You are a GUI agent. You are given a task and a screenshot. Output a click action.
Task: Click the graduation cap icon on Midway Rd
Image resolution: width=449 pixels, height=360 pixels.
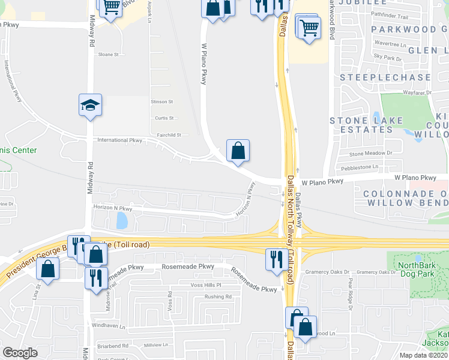tap(90, 106)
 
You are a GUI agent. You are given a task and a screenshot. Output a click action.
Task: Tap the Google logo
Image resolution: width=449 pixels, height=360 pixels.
tap(20, 352)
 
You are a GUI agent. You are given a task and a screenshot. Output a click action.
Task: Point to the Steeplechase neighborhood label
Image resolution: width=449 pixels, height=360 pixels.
tap(385, 77)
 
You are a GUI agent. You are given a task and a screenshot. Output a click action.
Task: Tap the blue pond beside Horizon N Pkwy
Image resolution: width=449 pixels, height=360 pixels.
tap(123, 221)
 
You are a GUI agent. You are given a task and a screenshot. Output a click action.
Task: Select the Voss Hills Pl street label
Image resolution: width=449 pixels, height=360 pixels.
tap(206, 285)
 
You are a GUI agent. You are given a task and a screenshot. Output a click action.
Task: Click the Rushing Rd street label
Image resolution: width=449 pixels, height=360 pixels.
tap(217, 296)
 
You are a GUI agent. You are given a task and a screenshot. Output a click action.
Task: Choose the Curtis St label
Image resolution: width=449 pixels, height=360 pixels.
tap(163, 118)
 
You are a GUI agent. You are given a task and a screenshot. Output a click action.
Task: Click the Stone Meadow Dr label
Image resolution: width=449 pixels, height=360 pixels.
tap(370, 154)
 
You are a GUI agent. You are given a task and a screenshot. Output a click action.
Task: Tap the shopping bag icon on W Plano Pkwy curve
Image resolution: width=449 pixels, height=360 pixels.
tap(238, 151)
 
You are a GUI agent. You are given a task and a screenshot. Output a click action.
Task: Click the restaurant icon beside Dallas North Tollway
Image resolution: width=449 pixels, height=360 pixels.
tap(276, 259)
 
